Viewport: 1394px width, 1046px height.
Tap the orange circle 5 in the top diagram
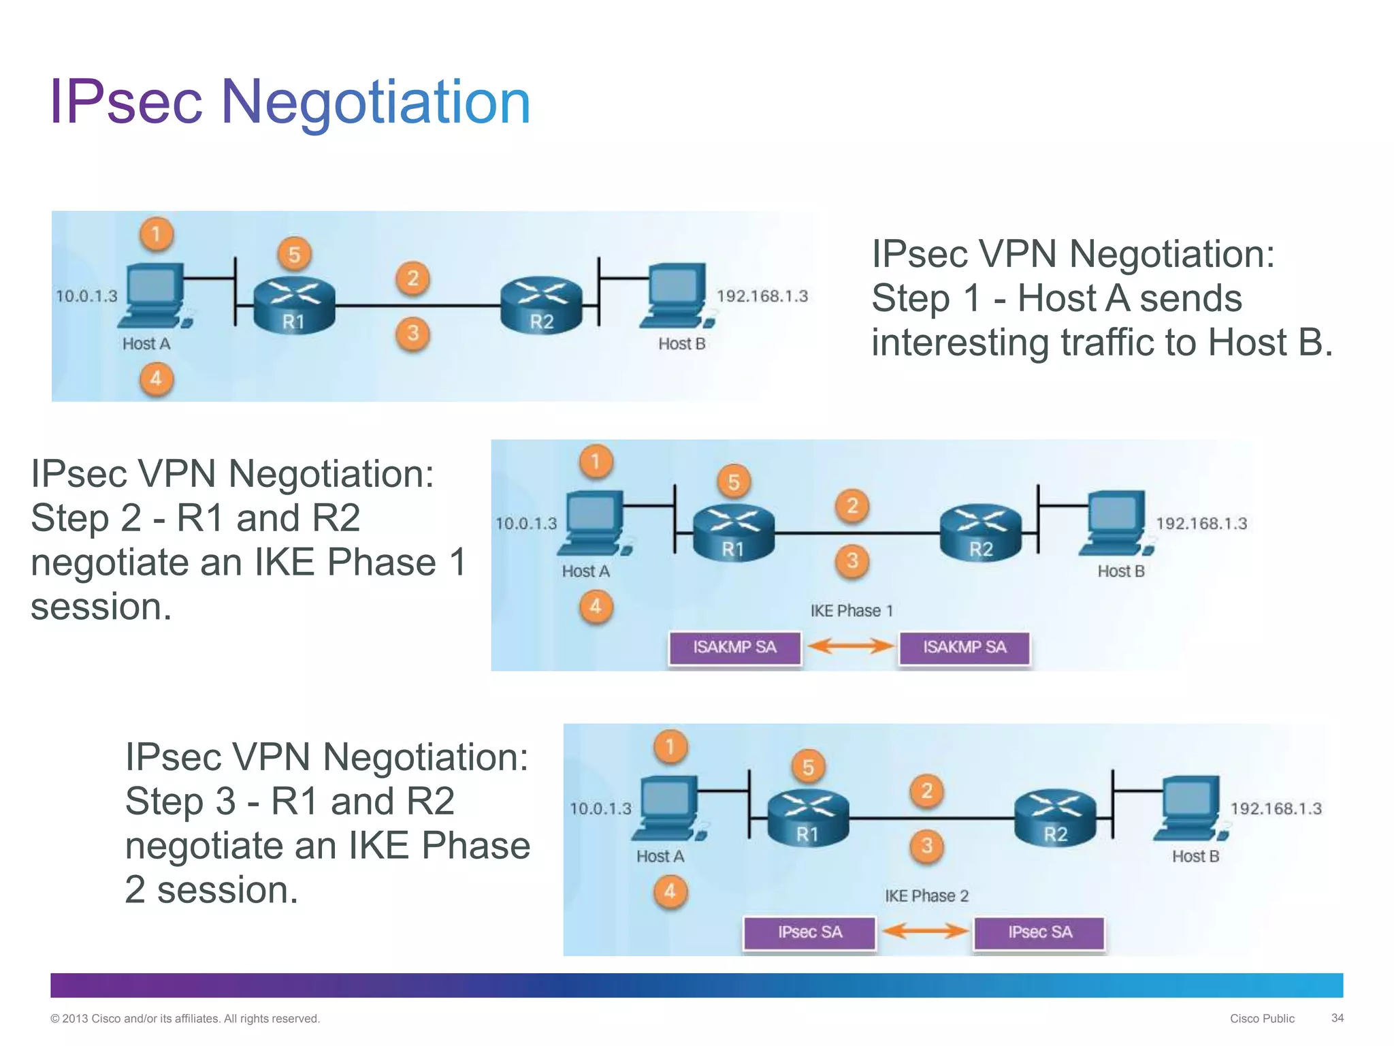pos(294,255)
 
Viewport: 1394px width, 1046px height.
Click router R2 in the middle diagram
pos(981,533)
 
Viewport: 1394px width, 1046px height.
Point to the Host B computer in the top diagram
pos(677,296)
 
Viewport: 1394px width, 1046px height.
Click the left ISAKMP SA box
pos(734,647)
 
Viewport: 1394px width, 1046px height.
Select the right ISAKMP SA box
pos(965,647)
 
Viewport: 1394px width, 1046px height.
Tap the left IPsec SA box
pos(809,932)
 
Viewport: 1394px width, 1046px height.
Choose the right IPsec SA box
pos(1039,932)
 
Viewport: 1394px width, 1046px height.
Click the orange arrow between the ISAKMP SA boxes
pos(850,646)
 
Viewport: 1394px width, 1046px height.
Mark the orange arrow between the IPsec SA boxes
pos(924,930)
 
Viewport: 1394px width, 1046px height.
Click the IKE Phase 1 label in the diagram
pos(851,611)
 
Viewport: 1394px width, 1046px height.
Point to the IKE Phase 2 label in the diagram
pos(926,896)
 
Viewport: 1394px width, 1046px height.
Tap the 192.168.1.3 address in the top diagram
pos(762,296)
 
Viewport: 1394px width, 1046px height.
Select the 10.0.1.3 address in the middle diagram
pos(525,524)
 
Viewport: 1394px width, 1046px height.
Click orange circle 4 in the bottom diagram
pos(670,891)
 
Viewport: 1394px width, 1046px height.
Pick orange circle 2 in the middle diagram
pos(852,506)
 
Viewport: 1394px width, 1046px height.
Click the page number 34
pos(1337,1018)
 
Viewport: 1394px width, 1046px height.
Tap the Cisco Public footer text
pos(1262,1019)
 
